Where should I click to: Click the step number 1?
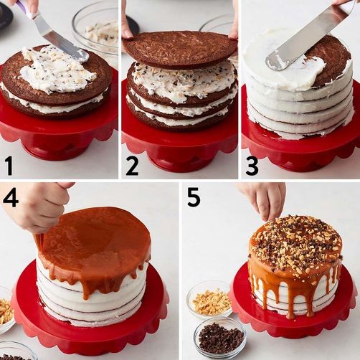9,166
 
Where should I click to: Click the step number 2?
131,166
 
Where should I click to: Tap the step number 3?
252,166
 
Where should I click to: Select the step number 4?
10,196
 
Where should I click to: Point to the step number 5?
194,196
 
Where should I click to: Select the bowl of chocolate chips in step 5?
219,337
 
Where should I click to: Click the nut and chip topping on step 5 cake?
296,244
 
